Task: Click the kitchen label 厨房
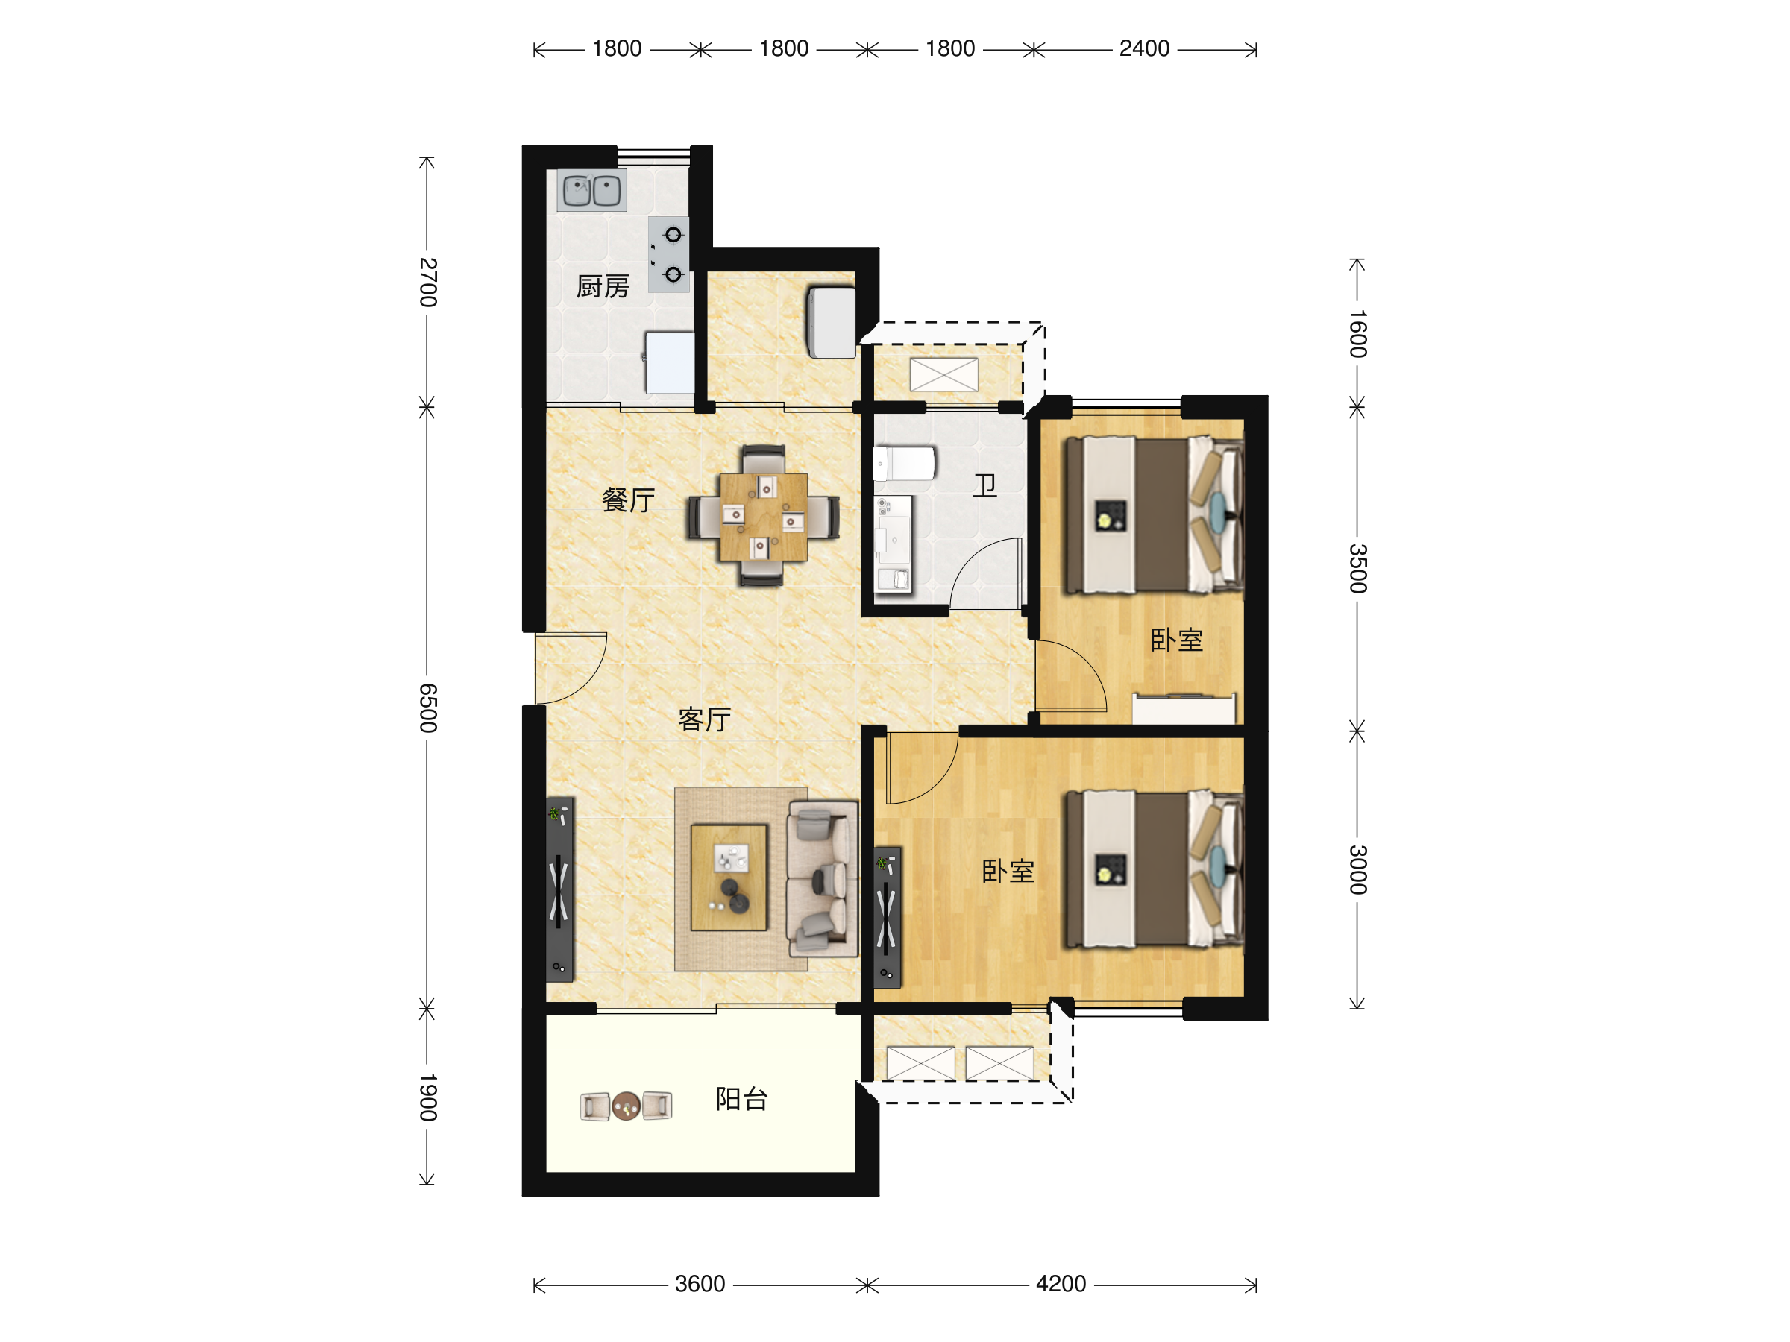pyautogui.click(x=603, y=286)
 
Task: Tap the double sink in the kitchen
pyautogui.click(x=591, y=191)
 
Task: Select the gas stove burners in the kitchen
pyautogui.click(x=669, y=255)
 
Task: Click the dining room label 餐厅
pyautogui.click(x=629, y=500)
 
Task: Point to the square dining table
pyautogui.click(x=763, y=517)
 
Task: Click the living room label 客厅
pyautogui.click(x=705, y=719)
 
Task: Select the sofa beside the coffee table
pyautogui.click(x=823, y=879)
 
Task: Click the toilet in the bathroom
pyautogui.click(x=904, y=464)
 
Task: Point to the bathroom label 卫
pyautogui.click(x=984, y=485)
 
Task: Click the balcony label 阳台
pyautogui.click(x=742, y=1100)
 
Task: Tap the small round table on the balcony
pyautogui.click(x=626, y=1106)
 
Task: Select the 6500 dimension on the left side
pyautogui.click(x=428, y=708)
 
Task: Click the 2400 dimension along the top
pyautogui.click(x=1144, y=48)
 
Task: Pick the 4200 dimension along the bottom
pyautogui.click(x=1061, y=1284)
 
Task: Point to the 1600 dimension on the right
pyautogui.click(x=1358, y=333)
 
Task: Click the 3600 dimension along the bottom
pyautogui.click(x=700, y=1284)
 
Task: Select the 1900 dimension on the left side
pyautogui.click(x=428, y=1097)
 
